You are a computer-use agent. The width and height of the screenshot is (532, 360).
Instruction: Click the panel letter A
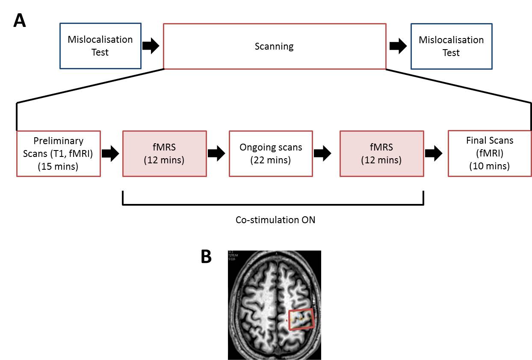[x=20, y=21]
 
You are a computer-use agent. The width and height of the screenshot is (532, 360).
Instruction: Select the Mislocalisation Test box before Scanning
[x=100, y=46]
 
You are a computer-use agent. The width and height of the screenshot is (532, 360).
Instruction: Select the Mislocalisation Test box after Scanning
[x=451, y=46]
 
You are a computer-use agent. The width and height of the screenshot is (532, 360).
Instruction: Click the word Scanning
[x=274, y=46]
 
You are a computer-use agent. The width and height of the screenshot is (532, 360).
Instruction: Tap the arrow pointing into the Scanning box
[x=151, y=46]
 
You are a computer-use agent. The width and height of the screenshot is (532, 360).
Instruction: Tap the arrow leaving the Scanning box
[x=398, y=46]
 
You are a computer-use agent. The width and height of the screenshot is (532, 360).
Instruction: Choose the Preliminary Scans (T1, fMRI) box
[x=59, y=153]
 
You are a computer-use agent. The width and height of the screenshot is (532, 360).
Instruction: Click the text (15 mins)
[x=59, y=167]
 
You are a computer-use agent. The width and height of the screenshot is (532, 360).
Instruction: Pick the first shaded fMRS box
[x=165, y=153]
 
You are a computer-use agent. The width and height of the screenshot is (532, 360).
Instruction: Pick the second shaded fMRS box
[x=381, y=153]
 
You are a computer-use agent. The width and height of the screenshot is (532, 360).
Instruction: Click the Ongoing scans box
[x=271, y=153]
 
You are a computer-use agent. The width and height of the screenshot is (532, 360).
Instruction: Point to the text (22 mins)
[x=271, y=160]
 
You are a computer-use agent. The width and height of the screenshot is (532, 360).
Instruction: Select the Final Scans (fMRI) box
[x=490, y=153]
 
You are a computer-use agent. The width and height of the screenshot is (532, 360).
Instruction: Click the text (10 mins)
[x=490, y=166]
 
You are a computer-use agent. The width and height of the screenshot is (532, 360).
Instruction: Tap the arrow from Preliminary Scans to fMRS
[x=111, y=154]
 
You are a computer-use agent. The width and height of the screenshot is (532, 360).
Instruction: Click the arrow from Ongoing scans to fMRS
[x=325, y=154]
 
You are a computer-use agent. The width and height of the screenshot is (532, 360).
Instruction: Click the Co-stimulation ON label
[x=272, y=220]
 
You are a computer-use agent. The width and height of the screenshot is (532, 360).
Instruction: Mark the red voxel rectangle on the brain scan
[x=301, y=319]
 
